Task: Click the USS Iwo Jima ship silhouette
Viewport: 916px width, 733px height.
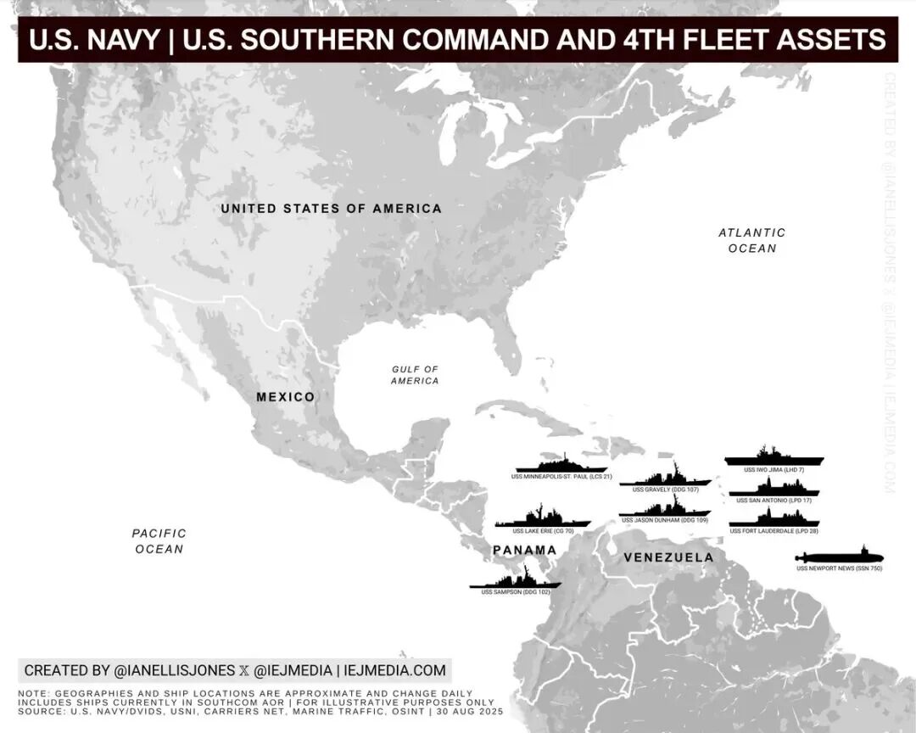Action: pos(774,458)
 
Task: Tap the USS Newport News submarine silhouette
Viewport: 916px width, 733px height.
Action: pos(838,557)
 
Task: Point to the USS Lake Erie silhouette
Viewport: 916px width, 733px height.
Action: pos(543,519)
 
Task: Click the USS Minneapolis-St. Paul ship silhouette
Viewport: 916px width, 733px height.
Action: pos(561,465)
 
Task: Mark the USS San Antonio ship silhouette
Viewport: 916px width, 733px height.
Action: pos(774,489)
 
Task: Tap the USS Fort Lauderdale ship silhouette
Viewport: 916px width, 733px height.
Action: pos(774,518)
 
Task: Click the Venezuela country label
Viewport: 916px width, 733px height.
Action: pos(668,557)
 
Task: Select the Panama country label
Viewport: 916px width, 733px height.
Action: pos(525,551)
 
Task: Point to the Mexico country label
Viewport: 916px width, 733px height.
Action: pos(286,397)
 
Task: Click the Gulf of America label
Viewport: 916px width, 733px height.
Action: pos(415,375)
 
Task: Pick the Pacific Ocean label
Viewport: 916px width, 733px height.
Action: pos(159,541)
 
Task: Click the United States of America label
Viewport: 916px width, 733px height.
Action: pos(331,209)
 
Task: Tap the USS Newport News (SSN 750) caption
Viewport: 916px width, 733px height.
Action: pos(839,568)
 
